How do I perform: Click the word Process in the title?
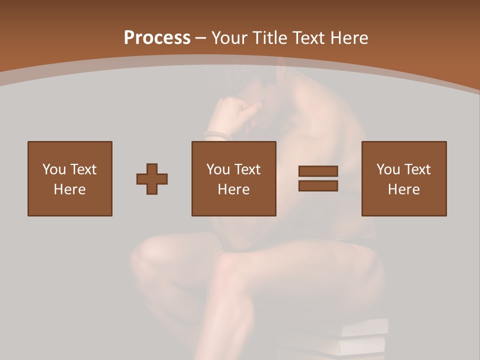[x=157, y=38]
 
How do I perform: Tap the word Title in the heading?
[x=270, y=38]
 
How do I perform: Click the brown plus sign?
[x=152, y=179]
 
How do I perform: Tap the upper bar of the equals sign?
[x=318, y=171]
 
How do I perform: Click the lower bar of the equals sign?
[x=318, y=186]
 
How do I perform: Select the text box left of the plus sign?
[x=70, y=178]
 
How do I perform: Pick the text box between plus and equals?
[x=234, y=178]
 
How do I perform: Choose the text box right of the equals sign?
[x=404, y=178]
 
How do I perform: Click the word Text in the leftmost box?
[x=83, y=169]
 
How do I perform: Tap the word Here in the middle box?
[x=234, y=189]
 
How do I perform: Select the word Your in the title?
[x=230, y=38]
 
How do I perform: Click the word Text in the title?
[x=308, y=38]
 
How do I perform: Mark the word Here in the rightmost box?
[x=404, y=189]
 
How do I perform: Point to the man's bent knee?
[x=150, y=255]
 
